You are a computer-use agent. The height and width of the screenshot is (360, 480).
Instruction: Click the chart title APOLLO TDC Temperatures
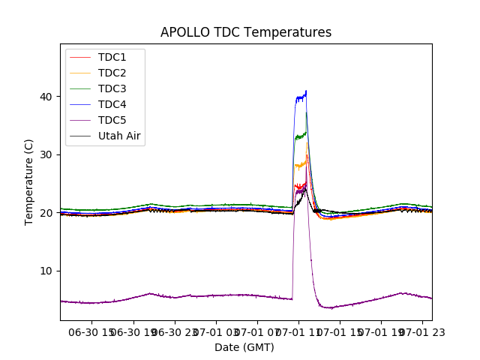tap(246, 32)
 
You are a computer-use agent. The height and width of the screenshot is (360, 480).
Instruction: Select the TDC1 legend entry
tap(112, 57)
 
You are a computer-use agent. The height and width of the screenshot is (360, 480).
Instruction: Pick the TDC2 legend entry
tap(112, 73)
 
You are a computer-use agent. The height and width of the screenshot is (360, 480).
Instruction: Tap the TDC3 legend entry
tap(112, 88)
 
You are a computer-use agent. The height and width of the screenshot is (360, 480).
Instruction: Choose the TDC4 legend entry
tap(112, 104)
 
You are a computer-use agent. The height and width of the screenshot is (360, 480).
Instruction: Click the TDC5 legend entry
tap(112, 120)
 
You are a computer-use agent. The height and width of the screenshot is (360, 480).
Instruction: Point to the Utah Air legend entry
tap(119, 136)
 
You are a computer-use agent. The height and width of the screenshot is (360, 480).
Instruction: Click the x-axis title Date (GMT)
tap(244, 347)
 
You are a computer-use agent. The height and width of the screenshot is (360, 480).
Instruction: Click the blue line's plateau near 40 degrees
tap(301, 97)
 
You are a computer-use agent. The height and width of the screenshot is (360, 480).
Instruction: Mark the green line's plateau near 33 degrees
tap(301, 136)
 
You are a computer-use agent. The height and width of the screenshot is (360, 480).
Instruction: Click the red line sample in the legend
tap(81, 57)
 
